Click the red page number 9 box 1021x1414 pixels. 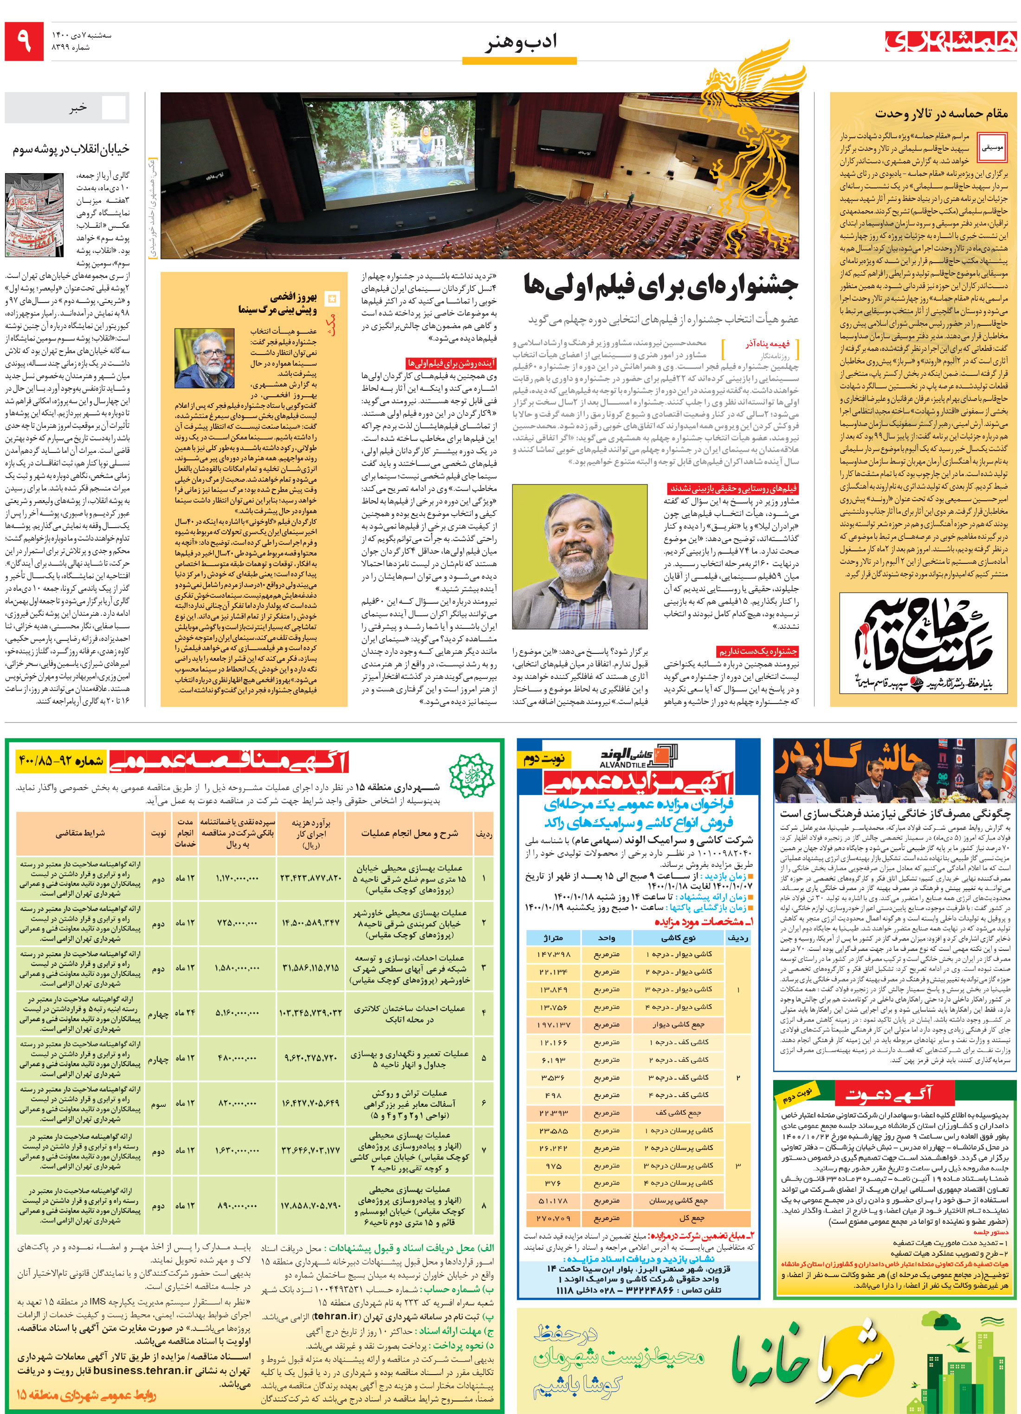24,42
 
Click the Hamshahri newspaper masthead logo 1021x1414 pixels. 950,41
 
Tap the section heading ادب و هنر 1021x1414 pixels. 520,42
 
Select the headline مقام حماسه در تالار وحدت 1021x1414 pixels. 941,114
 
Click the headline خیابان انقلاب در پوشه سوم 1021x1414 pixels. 71,149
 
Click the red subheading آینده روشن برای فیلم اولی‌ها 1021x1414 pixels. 451,363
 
